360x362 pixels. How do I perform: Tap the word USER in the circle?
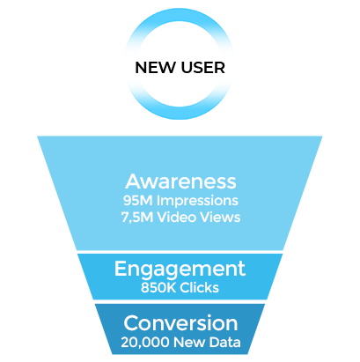point(203,68)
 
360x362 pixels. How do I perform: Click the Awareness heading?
point(180,181)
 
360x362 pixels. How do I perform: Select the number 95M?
point(137,201)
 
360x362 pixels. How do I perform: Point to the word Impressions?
point(197,202)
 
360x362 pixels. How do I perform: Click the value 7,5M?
point(137,218)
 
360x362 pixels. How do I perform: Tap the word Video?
point(177,218)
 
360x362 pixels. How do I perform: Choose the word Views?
point(220,218)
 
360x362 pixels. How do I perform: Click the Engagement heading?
point(180,270)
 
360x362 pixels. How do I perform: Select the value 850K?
point(158,288)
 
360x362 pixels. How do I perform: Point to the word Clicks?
point(200,288)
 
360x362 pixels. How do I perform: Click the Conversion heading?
point(180,323)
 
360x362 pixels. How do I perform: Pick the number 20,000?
point(145,343)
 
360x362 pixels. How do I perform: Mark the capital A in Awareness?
point(134,181)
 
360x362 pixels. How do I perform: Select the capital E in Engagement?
point(121,268)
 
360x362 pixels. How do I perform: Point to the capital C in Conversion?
point(131,323)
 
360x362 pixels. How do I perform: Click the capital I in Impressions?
point(158,201)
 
